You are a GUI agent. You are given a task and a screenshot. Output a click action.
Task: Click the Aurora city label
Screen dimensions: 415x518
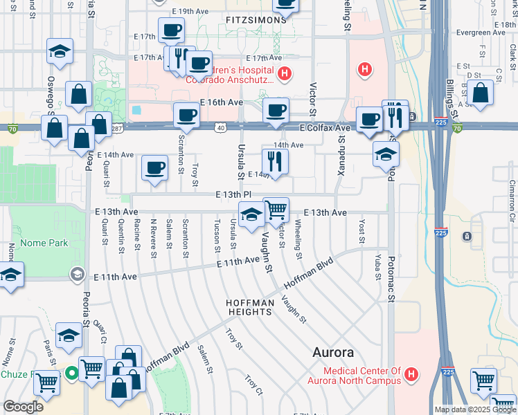point(333,352)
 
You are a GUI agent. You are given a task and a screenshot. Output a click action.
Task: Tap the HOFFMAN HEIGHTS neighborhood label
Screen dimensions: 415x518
point(249,308)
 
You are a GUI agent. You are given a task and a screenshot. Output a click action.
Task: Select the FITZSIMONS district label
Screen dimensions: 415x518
point(256,21)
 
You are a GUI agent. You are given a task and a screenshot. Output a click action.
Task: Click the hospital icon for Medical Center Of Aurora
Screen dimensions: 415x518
point(412,376)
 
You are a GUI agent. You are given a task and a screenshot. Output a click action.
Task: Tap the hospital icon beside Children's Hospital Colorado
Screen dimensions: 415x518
point(283,74)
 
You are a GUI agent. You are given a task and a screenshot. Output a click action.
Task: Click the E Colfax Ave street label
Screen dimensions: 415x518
point(325,128)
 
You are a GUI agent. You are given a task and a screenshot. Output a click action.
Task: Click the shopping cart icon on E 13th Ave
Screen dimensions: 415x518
point(276,210)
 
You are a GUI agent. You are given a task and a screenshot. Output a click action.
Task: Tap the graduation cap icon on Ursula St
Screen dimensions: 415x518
point(251,214)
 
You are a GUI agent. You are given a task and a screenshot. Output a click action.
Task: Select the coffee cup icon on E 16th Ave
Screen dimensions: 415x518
point(276,111)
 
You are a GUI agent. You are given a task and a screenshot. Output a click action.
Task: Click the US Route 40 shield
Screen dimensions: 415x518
point(220,128)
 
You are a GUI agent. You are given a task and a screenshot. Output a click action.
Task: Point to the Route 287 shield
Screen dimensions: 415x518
point(117,128)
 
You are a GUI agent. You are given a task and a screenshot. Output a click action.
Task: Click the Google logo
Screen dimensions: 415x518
point(23,406)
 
